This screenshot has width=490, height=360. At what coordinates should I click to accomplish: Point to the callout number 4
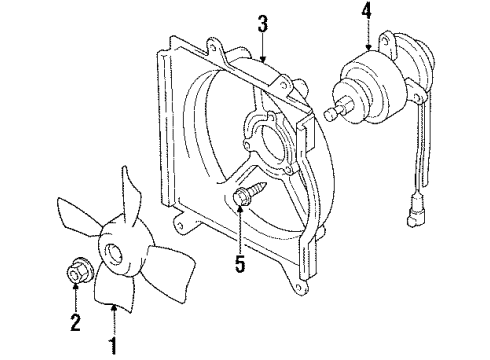click(367, 13)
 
